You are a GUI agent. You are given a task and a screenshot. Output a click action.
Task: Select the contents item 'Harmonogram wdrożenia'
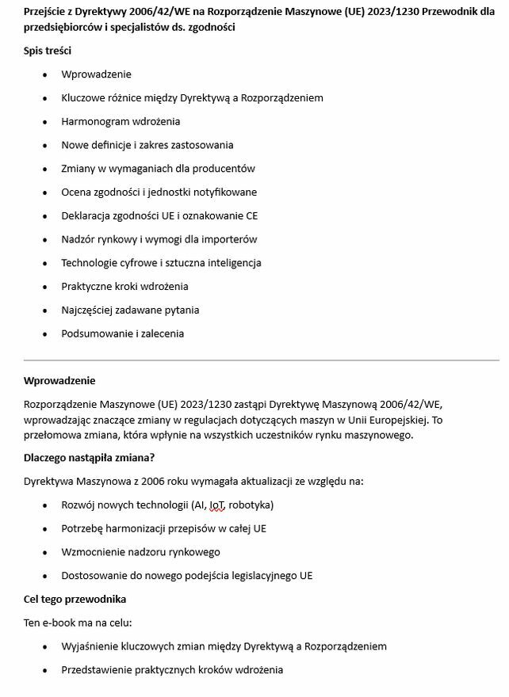pyautogui.click(x=121, y=121)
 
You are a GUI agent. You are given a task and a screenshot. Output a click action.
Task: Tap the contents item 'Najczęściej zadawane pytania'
pyautogui.click(x=130, y=310)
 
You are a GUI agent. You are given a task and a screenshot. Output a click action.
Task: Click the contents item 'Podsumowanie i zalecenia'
pyautogui.click(x=122, y=333)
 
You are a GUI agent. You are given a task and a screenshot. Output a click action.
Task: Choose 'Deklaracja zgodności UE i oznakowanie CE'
pyautogui.click(x=159, y=215)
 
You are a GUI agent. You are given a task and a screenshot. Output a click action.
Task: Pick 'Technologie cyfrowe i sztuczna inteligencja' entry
pyautogui.click(x=161, y=263)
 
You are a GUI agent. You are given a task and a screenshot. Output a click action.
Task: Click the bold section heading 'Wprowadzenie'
pyautogui.click(x=59, y=380)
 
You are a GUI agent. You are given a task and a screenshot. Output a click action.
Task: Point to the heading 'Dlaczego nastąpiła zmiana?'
pyautogui.click(x=89, y=457)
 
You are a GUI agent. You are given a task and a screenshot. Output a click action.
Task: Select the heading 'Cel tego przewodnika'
pyautogui.click(x=75, y=599)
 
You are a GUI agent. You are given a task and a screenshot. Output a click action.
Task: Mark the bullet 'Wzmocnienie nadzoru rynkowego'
pyautogui.click(x=140, y=552)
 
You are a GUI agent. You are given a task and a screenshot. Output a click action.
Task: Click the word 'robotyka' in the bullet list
pyautogui.click(x=251, y=505)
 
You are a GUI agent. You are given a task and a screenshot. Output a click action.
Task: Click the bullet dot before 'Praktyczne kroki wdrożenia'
pyautogui.click(x=44, y=287)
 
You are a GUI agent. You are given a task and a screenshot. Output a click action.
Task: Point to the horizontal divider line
pyautogui.click(x=262, y=360)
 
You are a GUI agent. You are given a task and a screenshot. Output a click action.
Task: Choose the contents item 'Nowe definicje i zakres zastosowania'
pyautogui.click(x=147, y=145)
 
